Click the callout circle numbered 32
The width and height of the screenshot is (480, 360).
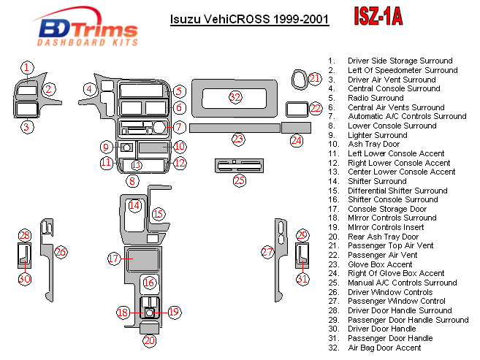pyautogui.click(x=235, y=97)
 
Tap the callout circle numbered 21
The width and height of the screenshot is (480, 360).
pyautogui.click(x=315, y=78)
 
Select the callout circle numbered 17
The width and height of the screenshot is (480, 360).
pyautogui.click(x=113, y=258)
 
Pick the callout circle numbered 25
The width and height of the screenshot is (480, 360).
pyautogui.click(x=240, y=180)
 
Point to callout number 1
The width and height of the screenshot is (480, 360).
pyautogui.click(x=26, y=68)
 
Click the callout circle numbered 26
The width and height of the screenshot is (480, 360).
pyautogui.click(x=61, y=252)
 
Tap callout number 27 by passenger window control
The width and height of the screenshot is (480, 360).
pyautogui.click(x=268, y=252)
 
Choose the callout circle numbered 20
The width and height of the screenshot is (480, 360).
pyautogui.click(x=149, y=340)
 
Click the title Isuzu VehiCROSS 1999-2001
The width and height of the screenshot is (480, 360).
pyautogui.click(x=249, y=20)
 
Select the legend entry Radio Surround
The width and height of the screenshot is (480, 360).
pyautogui.click(x=376, y=98)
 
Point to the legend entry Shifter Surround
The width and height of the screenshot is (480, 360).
pyautogui.click(x=377, y=181)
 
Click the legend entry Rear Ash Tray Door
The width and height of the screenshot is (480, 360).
pyautogui.click(x=383, y=237)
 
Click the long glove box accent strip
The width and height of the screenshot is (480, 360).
pyautogui.click(x=234, y=128)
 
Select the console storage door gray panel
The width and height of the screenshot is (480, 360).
pyautogui.click(x=143, y=258)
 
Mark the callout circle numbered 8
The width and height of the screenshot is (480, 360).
pyautogui.click(x=132, y=180)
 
